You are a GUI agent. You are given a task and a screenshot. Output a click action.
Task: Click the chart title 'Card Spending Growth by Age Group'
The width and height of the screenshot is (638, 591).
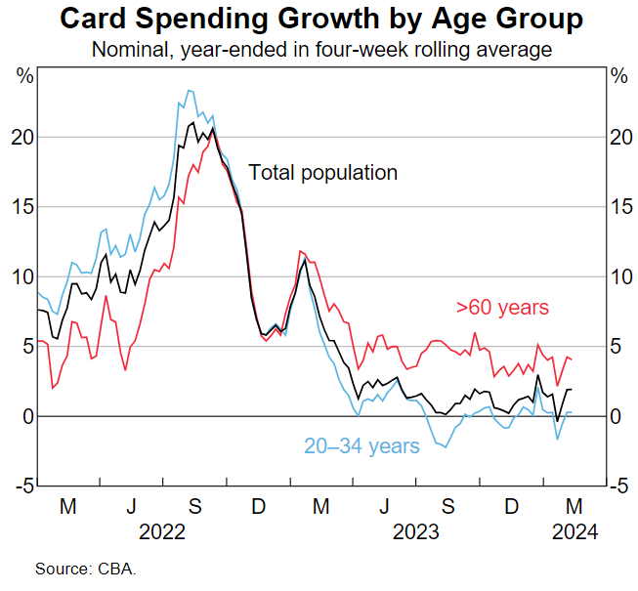[x=319, y=19]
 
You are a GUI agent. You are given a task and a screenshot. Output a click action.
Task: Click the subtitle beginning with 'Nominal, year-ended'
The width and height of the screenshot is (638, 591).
[x=319, y=48]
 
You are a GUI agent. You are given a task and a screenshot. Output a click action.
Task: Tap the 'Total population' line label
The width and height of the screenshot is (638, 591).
[x=322, y=173]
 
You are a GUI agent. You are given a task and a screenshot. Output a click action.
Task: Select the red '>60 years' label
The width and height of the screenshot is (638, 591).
[x=502, y=307]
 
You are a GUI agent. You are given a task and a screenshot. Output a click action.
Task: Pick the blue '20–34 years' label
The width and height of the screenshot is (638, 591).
[x=362, y=446]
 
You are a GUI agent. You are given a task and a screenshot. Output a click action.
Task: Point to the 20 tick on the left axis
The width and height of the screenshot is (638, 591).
[x=21, y=138]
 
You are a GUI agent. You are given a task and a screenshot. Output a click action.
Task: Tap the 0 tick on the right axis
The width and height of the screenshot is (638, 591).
[x=616, y=417]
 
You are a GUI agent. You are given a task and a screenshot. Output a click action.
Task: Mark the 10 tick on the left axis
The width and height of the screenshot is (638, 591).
[x=21, y=277]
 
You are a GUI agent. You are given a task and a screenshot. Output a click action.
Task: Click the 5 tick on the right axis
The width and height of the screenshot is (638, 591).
[x=616, y=347]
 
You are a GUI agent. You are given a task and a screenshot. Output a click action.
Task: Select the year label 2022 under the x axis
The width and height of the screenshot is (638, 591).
[x=162, y=532]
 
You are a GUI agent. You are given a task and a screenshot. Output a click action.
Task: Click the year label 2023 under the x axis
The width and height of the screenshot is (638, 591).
[x=415, y=532]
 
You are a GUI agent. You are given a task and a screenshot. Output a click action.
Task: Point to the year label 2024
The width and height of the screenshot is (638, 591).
[x=574, y=532]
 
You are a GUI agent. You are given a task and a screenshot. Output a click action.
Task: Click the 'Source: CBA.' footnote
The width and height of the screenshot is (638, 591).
[x=86, y=569]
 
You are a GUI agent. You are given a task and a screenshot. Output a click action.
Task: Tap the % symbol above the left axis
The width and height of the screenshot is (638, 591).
[x=21, y=75]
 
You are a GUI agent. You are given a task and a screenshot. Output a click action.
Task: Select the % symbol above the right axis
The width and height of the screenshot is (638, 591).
[x=617, y=75]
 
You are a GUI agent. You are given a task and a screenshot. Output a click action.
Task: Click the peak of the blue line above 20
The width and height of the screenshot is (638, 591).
[x=190, y=91]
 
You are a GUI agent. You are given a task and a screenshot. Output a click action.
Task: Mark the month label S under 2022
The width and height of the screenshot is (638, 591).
[x=194, y=507]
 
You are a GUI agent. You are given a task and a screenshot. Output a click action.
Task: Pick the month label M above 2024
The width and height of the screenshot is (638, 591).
[x=574, y=507]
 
